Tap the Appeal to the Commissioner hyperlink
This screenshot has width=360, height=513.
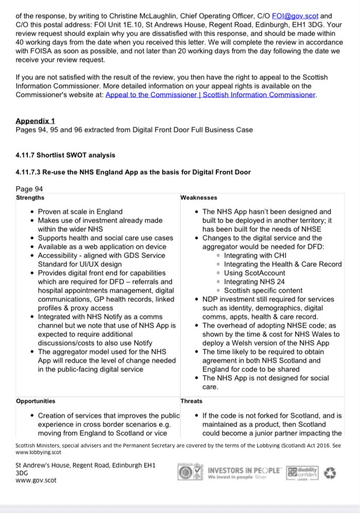(210, 95)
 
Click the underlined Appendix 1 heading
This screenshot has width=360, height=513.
(35, 121)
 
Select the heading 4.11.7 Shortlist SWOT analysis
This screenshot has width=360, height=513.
(65, 155)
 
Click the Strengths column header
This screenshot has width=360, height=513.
(30, 198)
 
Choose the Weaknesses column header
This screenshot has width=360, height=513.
(199, 198)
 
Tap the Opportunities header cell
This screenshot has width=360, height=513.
(36, 401)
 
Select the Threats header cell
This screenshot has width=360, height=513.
(192, 401)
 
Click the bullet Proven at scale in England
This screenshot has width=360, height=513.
(80, 212)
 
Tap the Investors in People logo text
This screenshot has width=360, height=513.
(244, 471)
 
